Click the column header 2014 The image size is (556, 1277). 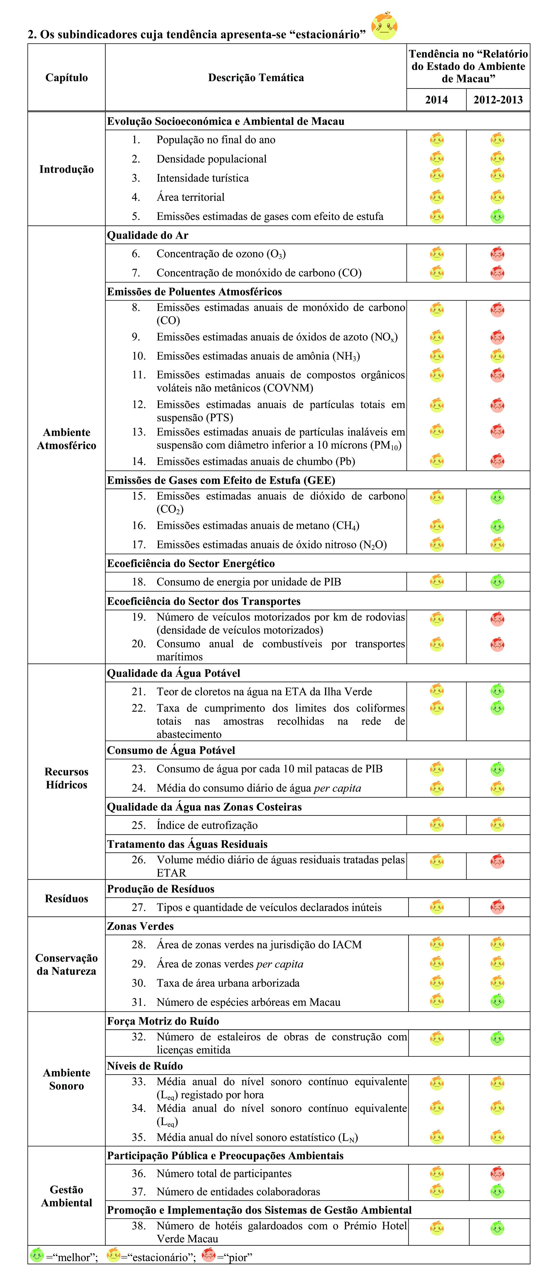[x=436, y=100]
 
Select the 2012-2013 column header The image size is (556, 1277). [x=497, y=100]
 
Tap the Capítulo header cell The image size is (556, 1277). [x=66, y=77]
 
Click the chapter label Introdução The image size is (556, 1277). [x=66, y=169]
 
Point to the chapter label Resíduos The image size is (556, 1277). [x=66, y=898]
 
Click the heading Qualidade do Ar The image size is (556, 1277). [x=148, y=235]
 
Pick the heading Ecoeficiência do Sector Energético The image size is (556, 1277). [x=191, y=563]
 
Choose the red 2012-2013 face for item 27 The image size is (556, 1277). [x=497, y=907]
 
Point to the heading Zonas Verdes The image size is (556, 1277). [x=140, y=926]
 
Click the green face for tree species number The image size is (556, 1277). [x=497, y=1001]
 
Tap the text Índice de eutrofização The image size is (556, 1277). [x=207, y=825]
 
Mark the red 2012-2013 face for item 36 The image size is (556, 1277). [x=497, y=1173]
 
